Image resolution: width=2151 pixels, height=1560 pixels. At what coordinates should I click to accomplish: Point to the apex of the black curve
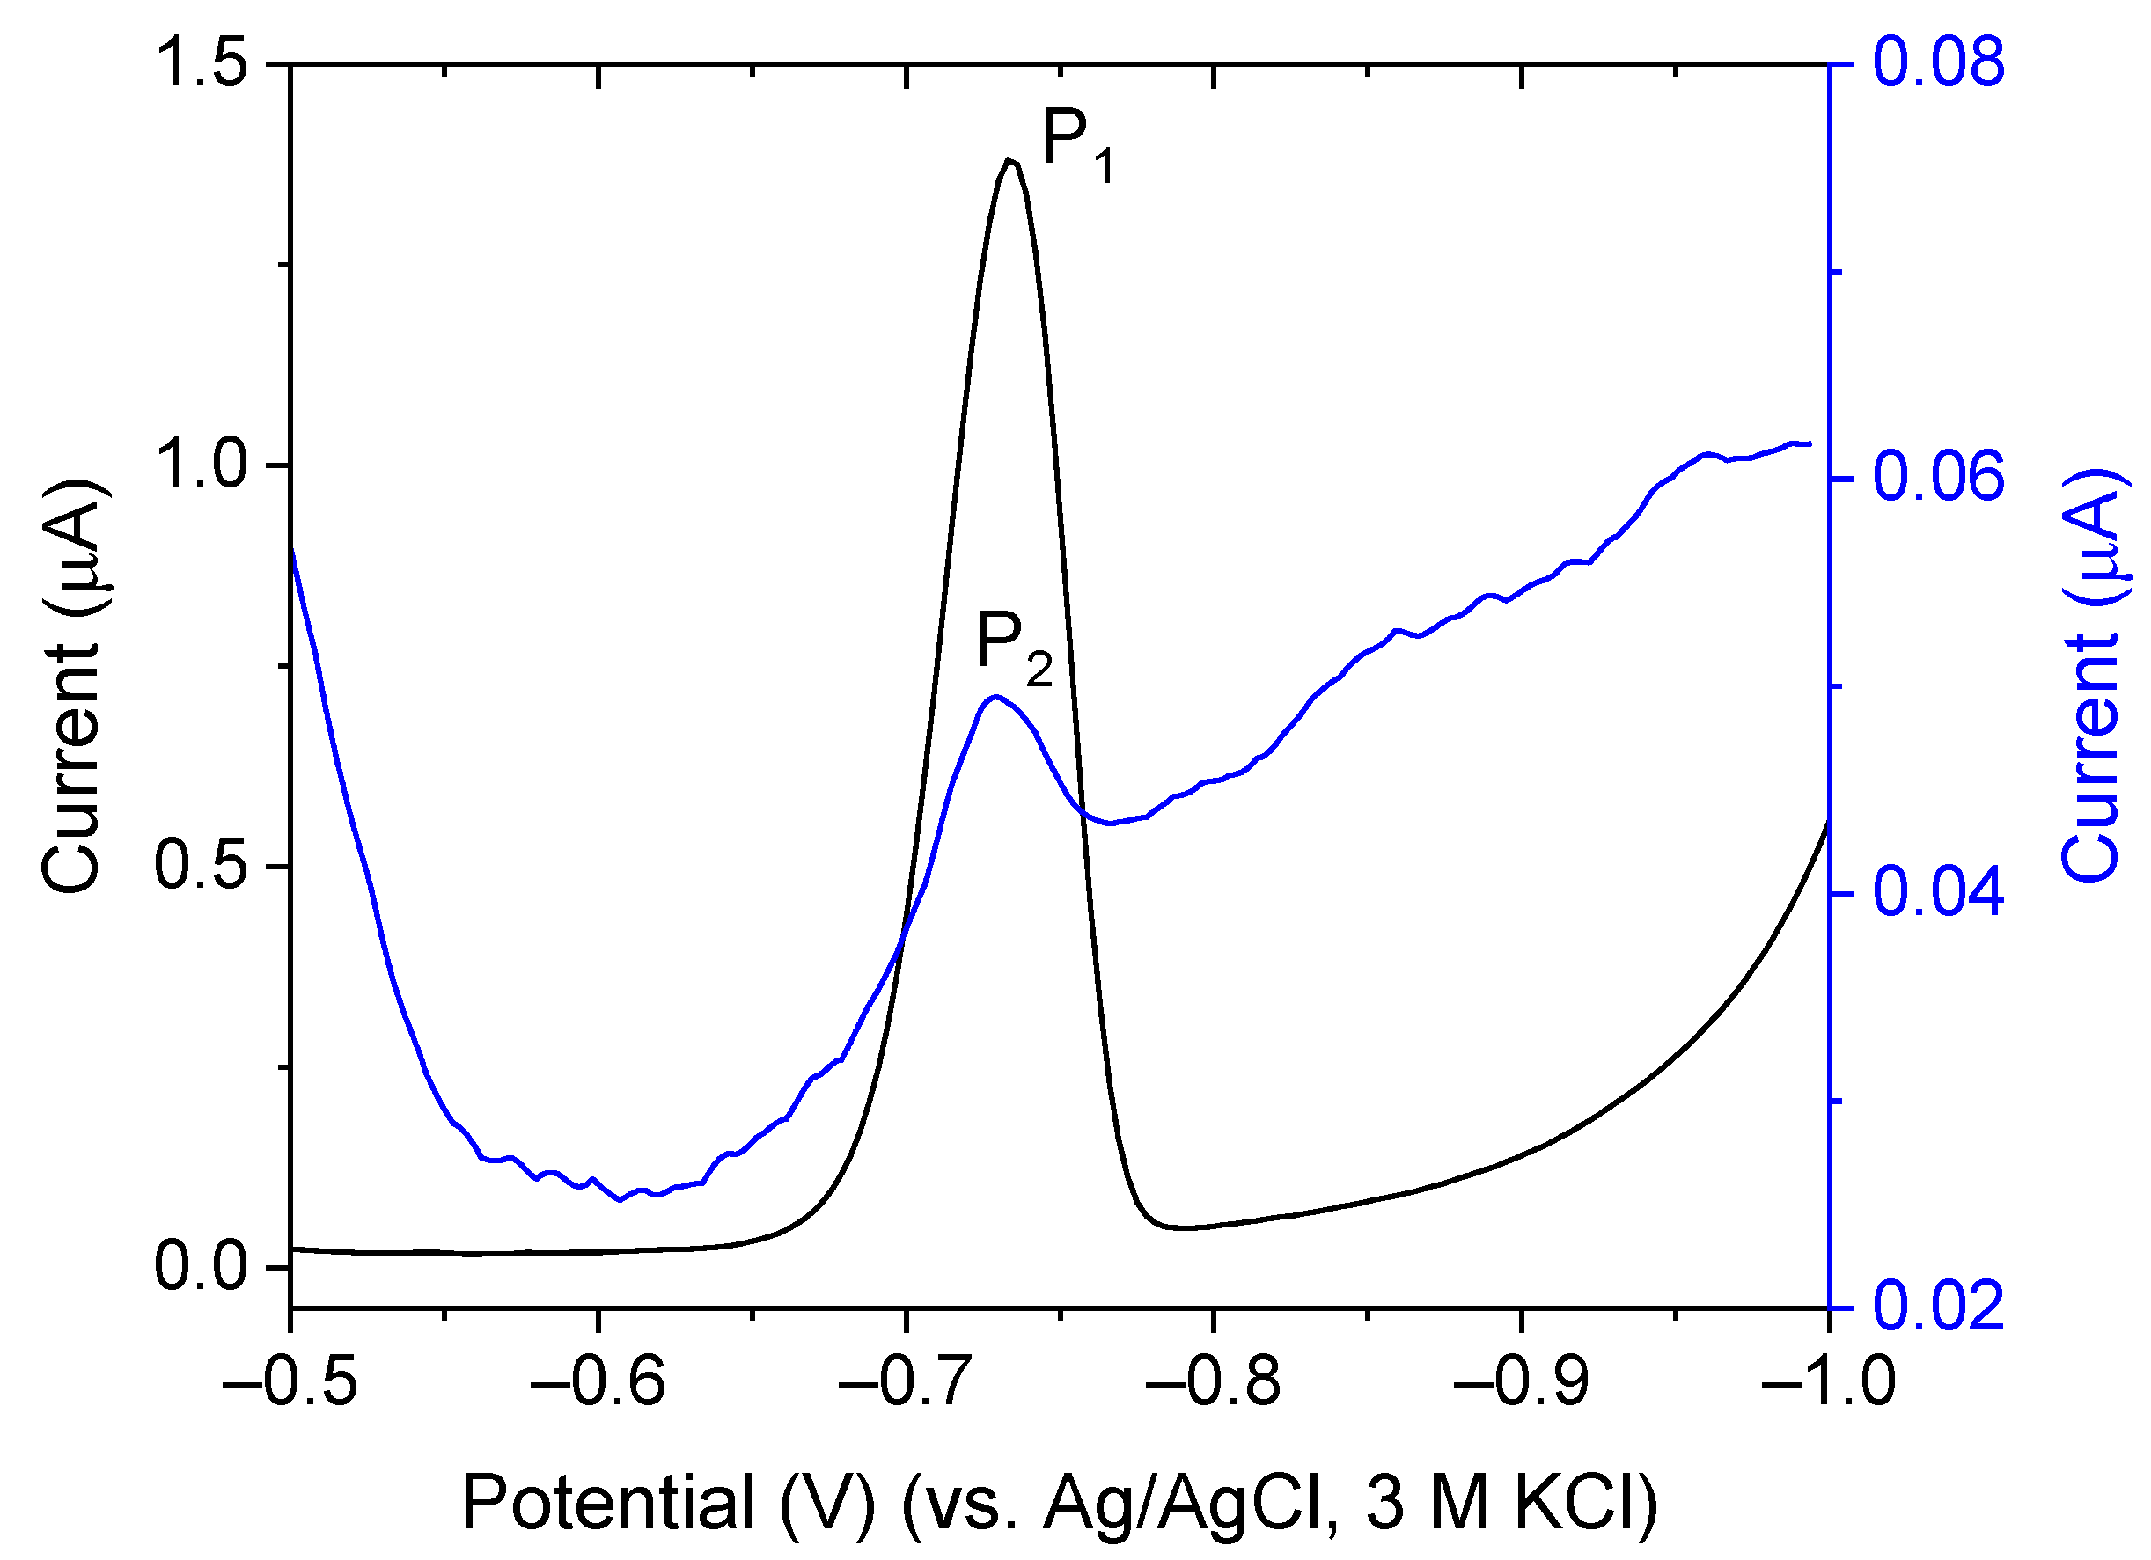[x=1011, y=160]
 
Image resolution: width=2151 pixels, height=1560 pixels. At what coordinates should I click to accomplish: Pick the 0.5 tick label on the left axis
[x=201, y=866]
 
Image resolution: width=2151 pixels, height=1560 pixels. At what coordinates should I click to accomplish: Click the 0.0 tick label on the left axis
[x=201, y=1268]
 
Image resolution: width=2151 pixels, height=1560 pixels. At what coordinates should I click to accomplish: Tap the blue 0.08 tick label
[x=1939, y=62]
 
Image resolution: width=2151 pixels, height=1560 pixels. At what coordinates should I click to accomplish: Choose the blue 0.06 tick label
[x=1939, y=479]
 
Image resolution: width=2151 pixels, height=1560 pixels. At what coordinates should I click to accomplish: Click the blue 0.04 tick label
[x=1939, y=893]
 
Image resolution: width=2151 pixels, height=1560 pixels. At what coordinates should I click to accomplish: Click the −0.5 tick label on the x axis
[x=290, y=1382]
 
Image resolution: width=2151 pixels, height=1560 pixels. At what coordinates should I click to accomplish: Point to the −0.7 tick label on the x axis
[x=906, y=1382]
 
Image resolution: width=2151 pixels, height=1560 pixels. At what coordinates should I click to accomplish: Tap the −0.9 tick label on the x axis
[x=1521, y=1382]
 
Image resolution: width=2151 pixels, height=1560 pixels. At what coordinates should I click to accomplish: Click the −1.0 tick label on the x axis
[x=1829, y=1382]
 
